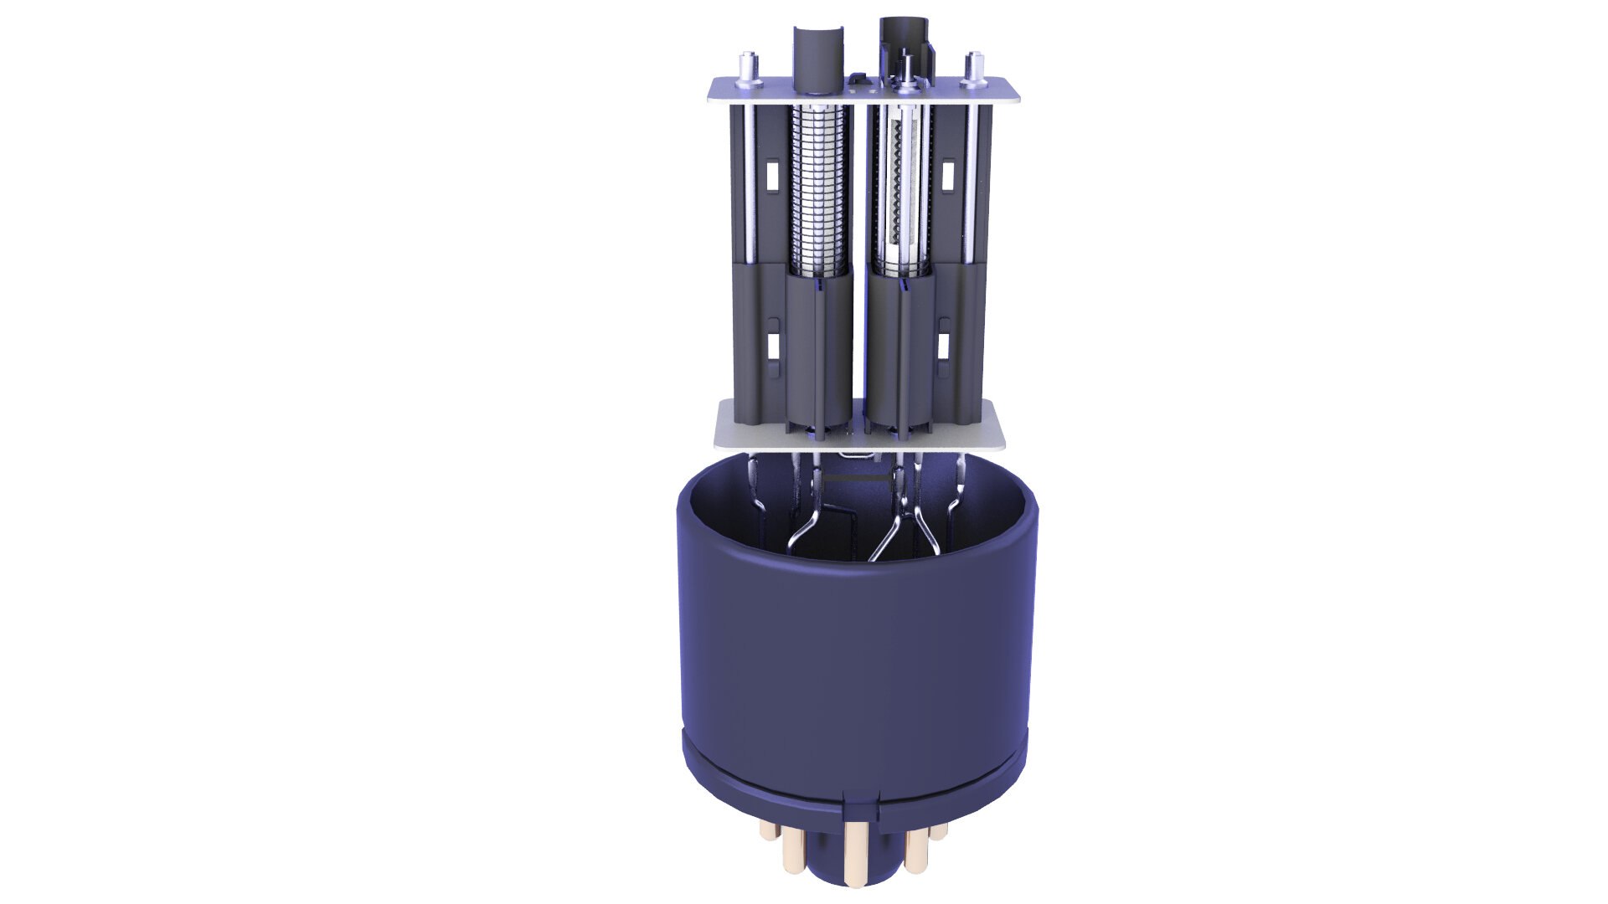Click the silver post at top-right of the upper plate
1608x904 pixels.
point(974,69)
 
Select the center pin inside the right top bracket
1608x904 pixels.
point(907,67)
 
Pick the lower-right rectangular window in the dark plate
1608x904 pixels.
point(943,344)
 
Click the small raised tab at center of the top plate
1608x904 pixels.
point(856,80)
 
